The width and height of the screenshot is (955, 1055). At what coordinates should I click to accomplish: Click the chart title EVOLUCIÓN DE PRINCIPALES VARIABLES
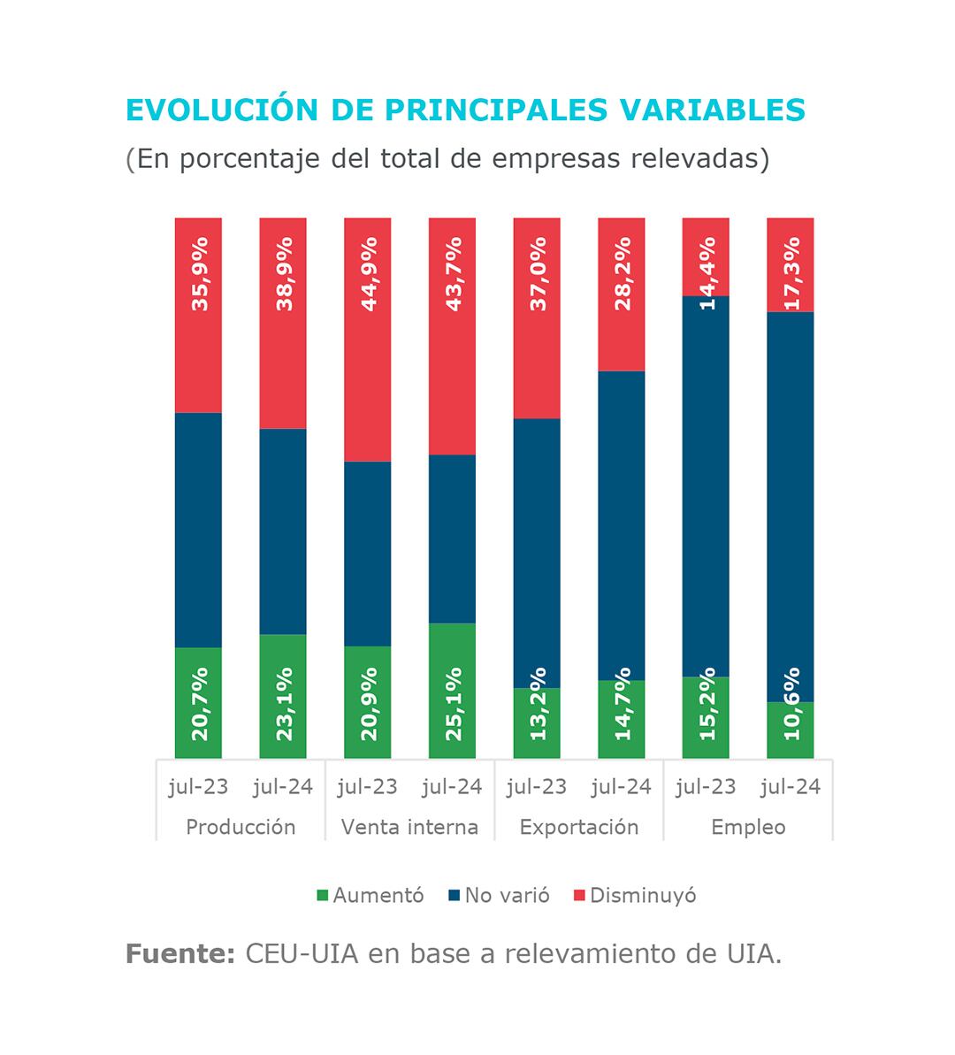[x=465, y=109]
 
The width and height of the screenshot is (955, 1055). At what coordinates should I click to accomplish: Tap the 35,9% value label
[x=200, y=273]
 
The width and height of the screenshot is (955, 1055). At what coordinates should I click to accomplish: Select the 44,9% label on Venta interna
[x=369, y=273]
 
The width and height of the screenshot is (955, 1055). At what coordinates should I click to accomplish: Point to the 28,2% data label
[x=623, y=273]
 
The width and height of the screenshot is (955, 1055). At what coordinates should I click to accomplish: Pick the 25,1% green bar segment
[x=452, y=691]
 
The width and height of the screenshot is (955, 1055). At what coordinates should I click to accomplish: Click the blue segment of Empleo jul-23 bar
[x=706, y=486]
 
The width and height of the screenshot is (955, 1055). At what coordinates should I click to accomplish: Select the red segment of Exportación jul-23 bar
[x=537, y=318]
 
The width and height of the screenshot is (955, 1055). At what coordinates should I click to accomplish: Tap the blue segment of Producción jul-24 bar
[x=283, y=531]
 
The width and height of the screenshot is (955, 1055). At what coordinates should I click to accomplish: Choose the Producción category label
[x=241, y=827]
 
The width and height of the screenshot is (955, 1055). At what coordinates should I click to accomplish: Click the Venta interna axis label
[x=409, y=827]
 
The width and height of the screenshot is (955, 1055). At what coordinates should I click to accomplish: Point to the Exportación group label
[x=579, y=827]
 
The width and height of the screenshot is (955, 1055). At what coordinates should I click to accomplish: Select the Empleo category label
[x=748, y=827]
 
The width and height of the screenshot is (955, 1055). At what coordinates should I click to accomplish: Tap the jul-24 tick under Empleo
[x=791, y=786]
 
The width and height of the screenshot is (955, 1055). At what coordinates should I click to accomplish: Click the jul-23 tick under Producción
[x=198, y=786]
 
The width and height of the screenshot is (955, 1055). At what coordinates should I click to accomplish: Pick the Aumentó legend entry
[x=371, y=895]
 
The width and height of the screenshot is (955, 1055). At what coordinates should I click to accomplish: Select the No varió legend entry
[x=500, y=895]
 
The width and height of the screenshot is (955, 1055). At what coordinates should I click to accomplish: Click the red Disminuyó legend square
[x=580, y=896]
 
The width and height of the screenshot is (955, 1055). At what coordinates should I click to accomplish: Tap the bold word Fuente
[x=180, y=954]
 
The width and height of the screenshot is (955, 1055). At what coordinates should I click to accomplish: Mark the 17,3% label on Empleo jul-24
[x=791, y=273]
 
